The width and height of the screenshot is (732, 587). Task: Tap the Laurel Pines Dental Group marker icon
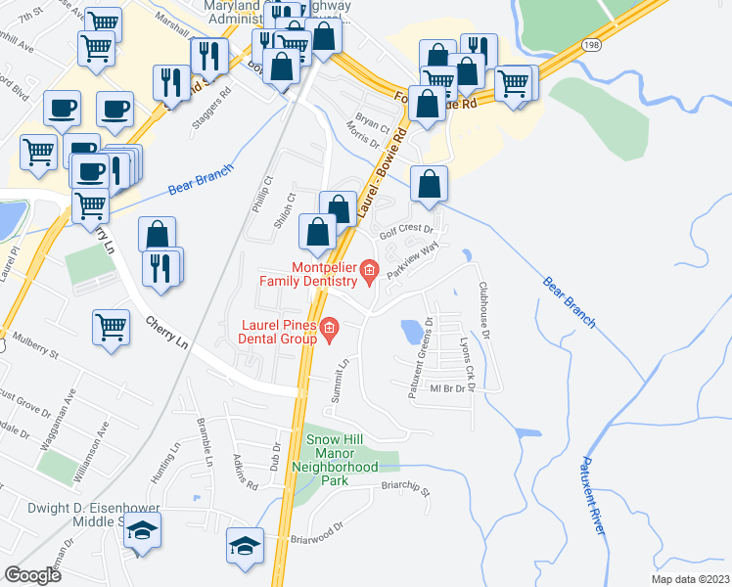329,328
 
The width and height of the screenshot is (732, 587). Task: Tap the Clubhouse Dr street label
483,311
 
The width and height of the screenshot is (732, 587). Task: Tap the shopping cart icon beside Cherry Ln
112,326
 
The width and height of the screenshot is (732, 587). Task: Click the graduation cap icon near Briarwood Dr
245,543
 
